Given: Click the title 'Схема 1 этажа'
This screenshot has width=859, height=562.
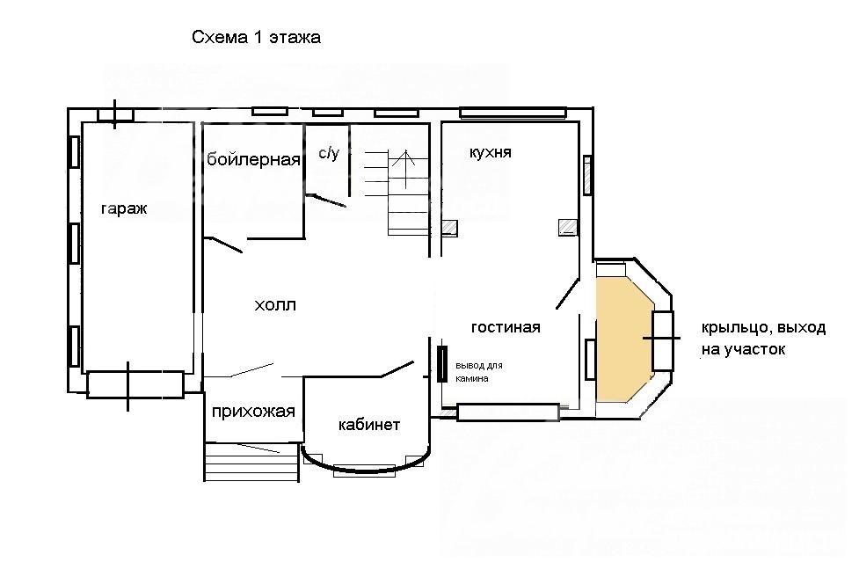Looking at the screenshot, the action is [257, 37].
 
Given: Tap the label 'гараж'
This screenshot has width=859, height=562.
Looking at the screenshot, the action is [124, 208].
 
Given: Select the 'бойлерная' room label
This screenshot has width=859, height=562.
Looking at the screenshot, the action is [253, 159].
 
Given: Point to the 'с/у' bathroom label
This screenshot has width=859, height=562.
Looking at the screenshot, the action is [329, 153].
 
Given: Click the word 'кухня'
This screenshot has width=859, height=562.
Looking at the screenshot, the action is [491, 152].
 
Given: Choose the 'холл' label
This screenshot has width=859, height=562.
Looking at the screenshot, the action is [275, 304].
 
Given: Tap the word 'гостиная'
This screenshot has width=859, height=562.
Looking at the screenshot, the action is [506, 327].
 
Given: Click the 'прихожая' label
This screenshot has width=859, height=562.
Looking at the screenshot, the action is [253, 412].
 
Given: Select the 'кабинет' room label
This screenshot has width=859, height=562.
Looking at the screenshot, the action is [369, 425].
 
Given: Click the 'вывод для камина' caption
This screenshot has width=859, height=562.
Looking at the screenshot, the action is [479, 372].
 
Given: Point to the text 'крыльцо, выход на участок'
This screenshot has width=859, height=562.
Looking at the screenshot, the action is [763, 338].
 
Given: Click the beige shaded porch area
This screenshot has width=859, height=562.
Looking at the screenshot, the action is [623, 339].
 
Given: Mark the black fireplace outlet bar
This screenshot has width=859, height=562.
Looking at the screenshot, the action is [442, 363].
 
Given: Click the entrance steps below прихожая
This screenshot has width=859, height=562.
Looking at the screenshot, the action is [252, 461].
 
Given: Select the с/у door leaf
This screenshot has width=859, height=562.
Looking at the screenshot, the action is [326, 200].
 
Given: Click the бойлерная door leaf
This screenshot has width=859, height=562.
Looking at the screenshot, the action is [223, 245].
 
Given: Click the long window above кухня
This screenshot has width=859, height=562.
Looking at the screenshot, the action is [513, 113].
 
